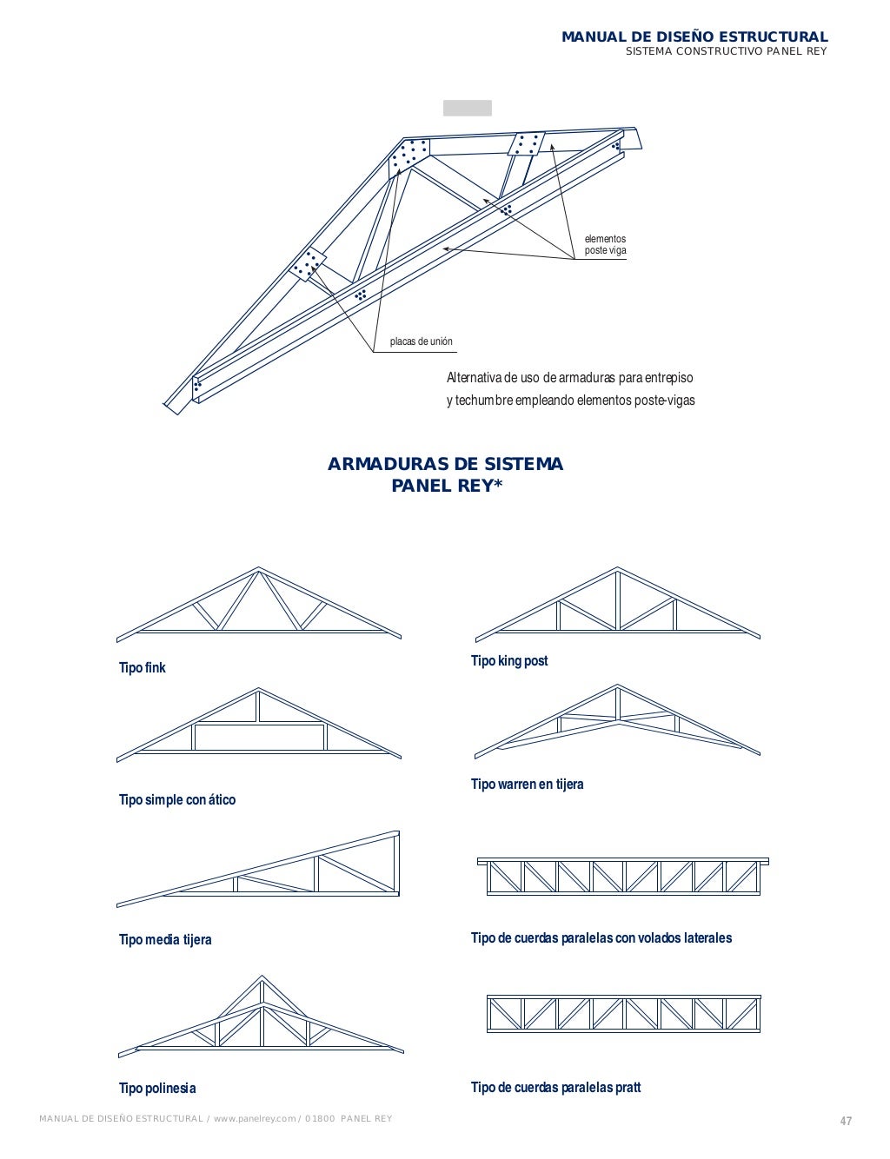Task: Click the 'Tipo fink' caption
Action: coord(142,668)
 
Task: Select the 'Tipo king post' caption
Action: coord(509,661)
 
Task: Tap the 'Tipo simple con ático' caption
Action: coord(177,800)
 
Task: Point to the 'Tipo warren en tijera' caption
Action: coord(527,785)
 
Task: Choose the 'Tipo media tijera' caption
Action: coord(165,940)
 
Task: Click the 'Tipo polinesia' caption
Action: coord(157,1089)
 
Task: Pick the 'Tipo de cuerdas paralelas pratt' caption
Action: coord(555,1088)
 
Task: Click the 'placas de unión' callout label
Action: coord(422,342)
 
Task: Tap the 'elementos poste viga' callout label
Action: coord(605,245)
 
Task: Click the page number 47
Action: coord(846,1121)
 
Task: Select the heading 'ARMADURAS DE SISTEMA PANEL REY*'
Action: coord(445,474)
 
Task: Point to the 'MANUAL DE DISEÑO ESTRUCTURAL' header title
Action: coord(694,37)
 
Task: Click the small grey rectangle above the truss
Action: coord(468,109)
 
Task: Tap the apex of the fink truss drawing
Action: coord(258,570)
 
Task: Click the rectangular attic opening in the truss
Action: coord(259,738)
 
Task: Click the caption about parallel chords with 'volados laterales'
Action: coord(601,938)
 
